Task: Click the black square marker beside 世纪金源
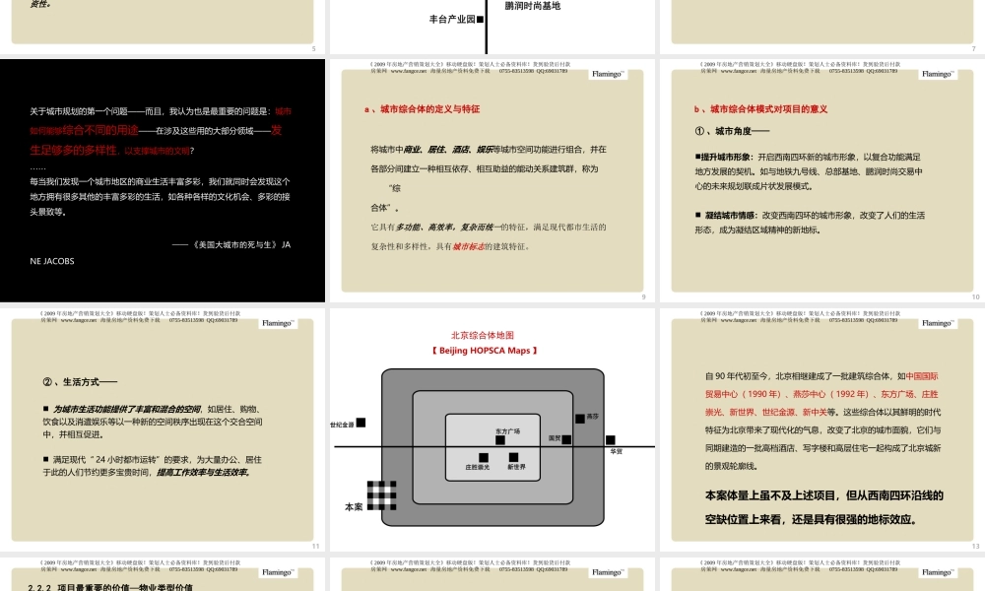[x=361, y=423]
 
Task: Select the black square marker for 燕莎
[x=580, y=419]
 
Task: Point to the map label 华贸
[x=617, y=451]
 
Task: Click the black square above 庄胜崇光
[x=484, y=456]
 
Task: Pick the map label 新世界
[x=517, y=467]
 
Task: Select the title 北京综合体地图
[x=483, y=335]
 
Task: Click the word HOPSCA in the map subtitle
[x=489, y=351]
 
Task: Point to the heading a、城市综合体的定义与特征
[x=422, y=109]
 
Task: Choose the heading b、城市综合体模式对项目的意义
[x=760, y=109]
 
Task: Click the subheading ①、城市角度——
[x=733, y=131]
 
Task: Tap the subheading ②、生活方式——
[x=81, y=382]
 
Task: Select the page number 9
[x=643, y=296]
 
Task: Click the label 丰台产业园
[x=451, y=19]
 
